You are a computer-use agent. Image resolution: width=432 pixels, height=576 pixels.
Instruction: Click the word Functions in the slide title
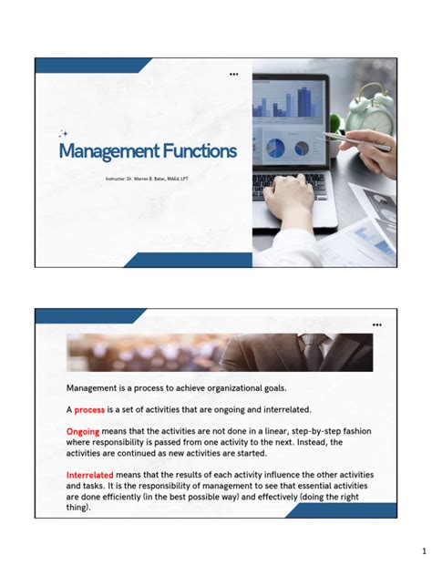(195, 150)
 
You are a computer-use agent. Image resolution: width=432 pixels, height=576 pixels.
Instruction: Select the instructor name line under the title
(146, 179)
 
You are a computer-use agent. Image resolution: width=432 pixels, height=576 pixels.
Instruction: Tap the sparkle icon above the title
(64, 133)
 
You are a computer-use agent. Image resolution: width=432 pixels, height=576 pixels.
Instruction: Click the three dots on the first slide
(234, 74)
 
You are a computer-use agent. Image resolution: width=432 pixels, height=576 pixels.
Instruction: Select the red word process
(89, 409)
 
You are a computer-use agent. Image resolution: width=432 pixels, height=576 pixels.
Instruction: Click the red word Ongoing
(83, 431)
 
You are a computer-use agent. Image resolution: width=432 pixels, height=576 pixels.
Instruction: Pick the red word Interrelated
(91, 475)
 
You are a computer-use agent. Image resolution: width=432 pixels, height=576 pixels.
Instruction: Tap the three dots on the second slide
(377, 324)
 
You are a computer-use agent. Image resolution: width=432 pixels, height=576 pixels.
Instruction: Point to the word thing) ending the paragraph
(78, 508)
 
